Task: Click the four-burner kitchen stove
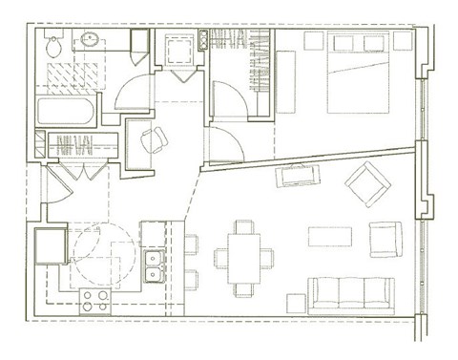pos(94,301)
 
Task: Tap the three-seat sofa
pos(351,293)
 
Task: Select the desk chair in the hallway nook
pos(153,141)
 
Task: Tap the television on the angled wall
pos(298,175)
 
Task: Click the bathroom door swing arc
pos(127,91)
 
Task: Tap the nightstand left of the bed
pos(312,41)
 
